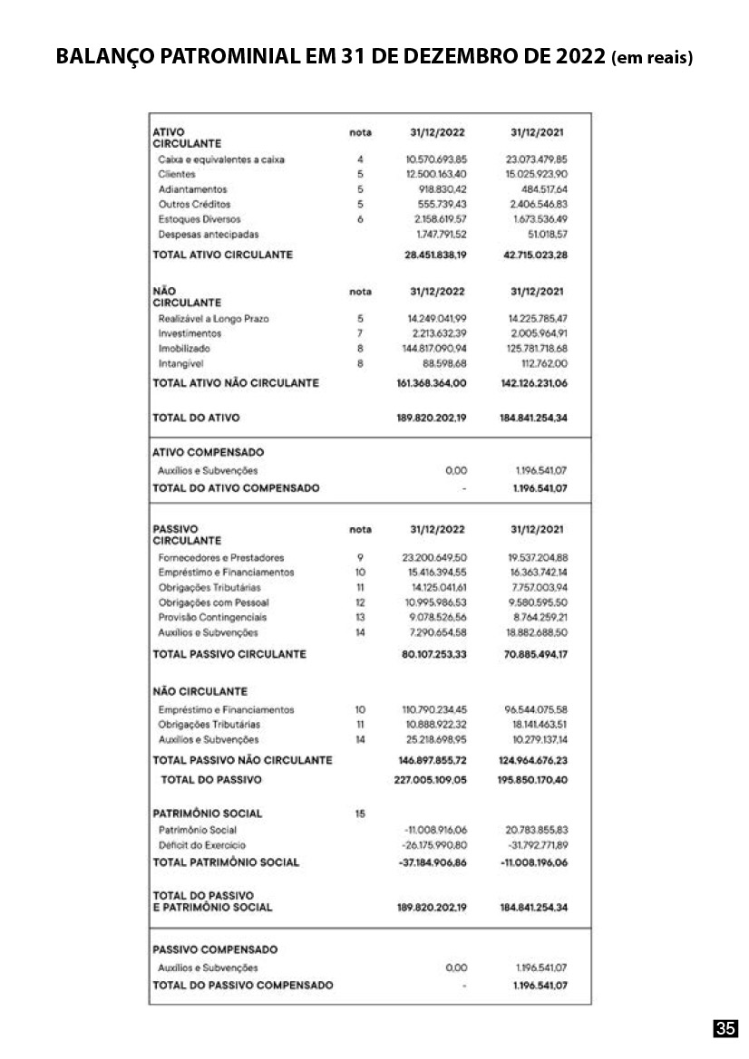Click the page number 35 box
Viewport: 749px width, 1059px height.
(725, 1028)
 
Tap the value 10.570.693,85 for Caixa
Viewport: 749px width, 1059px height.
(435, 159)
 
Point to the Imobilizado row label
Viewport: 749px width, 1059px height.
(184, 348)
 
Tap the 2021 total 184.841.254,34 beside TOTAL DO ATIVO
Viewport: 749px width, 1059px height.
(533, 419)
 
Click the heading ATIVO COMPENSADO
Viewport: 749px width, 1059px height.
(208, 452)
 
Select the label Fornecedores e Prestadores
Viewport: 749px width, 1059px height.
(220, 558)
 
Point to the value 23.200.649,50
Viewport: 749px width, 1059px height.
(435, 558)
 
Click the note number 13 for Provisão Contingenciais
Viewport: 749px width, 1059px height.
(360, 617)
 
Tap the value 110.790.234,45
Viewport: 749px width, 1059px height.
(435, 709)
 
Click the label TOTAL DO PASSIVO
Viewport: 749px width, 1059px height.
(211, 779)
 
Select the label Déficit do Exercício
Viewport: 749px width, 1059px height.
(197, 845)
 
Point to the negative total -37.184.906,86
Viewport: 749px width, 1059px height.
(433, 862)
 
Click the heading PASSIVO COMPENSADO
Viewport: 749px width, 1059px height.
(215, 950)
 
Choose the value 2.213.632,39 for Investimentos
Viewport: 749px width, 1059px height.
(437, 333)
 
